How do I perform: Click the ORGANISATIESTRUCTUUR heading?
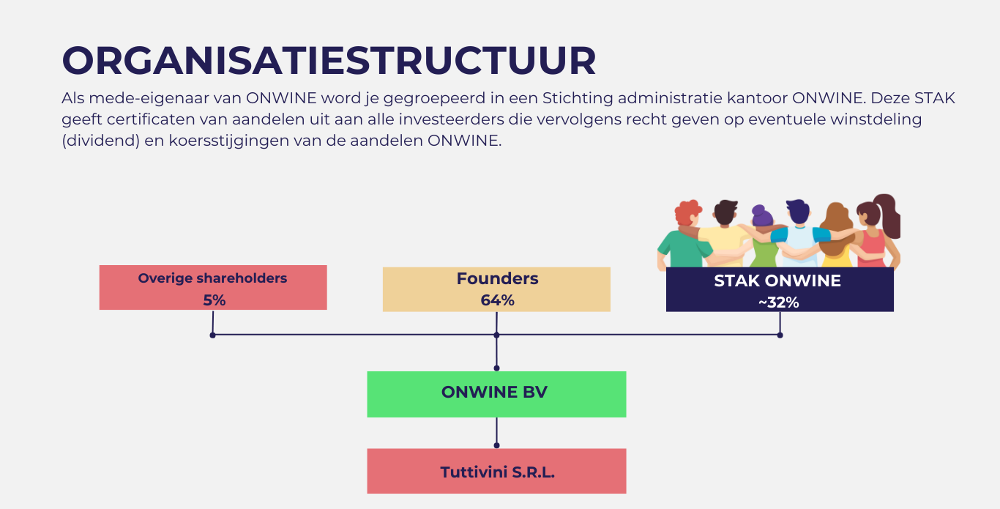(329, 60)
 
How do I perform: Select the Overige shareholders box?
(213, 287)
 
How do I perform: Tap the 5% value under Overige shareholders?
(214, 300)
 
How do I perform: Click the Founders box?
(496, 289)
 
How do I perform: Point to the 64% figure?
(497, 300)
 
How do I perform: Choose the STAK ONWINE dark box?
(780, 289)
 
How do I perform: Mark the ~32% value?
(779, 302)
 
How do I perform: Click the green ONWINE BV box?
(496, 394)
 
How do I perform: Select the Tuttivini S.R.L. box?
(496, 471)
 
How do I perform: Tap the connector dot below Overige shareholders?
(212, 335)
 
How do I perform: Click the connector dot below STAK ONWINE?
(780, 335)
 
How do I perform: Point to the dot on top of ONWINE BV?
(496, 368)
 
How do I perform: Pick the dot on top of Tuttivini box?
(496, 445)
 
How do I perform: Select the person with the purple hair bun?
(764, 237)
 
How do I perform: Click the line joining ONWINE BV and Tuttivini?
(496, 431)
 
